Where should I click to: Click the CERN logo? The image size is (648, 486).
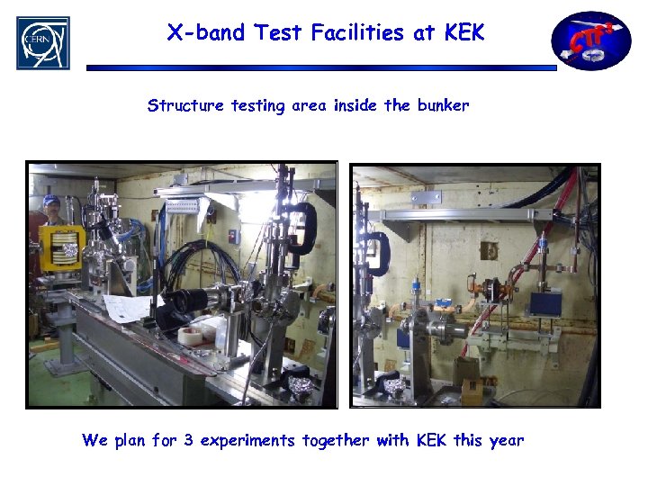tap(42, 42)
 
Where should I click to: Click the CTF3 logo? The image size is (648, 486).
tap(590, 40)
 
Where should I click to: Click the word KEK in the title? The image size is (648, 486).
tap(464, 33)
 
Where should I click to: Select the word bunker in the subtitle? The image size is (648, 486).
tap(443, 105)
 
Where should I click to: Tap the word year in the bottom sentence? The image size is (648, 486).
tap(506, 440)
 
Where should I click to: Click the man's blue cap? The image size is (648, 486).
tap(52, 201)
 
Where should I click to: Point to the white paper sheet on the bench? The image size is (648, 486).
tap(128, 309)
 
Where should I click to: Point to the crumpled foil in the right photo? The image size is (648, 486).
tap(393, 386)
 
